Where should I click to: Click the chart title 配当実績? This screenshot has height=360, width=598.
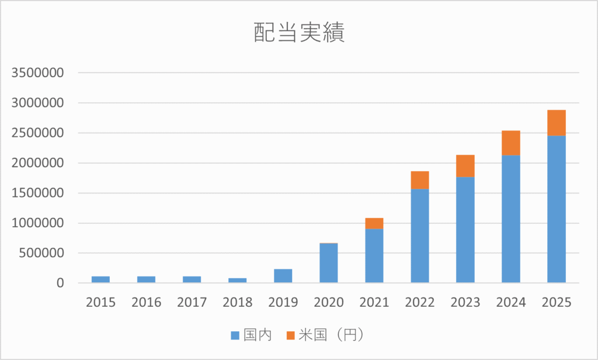(299, 33)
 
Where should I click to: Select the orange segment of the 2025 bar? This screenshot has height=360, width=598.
(557, 123)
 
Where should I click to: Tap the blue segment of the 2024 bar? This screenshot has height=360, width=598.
(511, 219)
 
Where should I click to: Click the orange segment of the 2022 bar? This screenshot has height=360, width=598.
(420, 180)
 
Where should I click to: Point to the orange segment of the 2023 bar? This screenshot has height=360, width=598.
(465, 166)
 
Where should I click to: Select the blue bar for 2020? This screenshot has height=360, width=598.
(329, 263)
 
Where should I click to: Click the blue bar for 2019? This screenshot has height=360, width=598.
(283, 276)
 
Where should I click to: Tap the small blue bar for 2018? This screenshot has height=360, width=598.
(238, 281)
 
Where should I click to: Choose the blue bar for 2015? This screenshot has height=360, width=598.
(101, 279)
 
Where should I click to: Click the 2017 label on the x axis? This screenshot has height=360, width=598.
(192, 302)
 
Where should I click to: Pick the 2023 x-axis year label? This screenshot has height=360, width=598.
(465, 302)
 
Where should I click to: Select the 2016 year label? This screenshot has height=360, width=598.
(147, 302)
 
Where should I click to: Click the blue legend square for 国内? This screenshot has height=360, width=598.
(235, 335)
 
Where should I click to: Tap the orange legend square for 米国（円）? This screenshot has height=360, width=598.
(290, 335)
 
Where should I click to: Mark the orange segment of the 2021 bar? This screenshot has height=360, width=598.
(374, 223)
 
